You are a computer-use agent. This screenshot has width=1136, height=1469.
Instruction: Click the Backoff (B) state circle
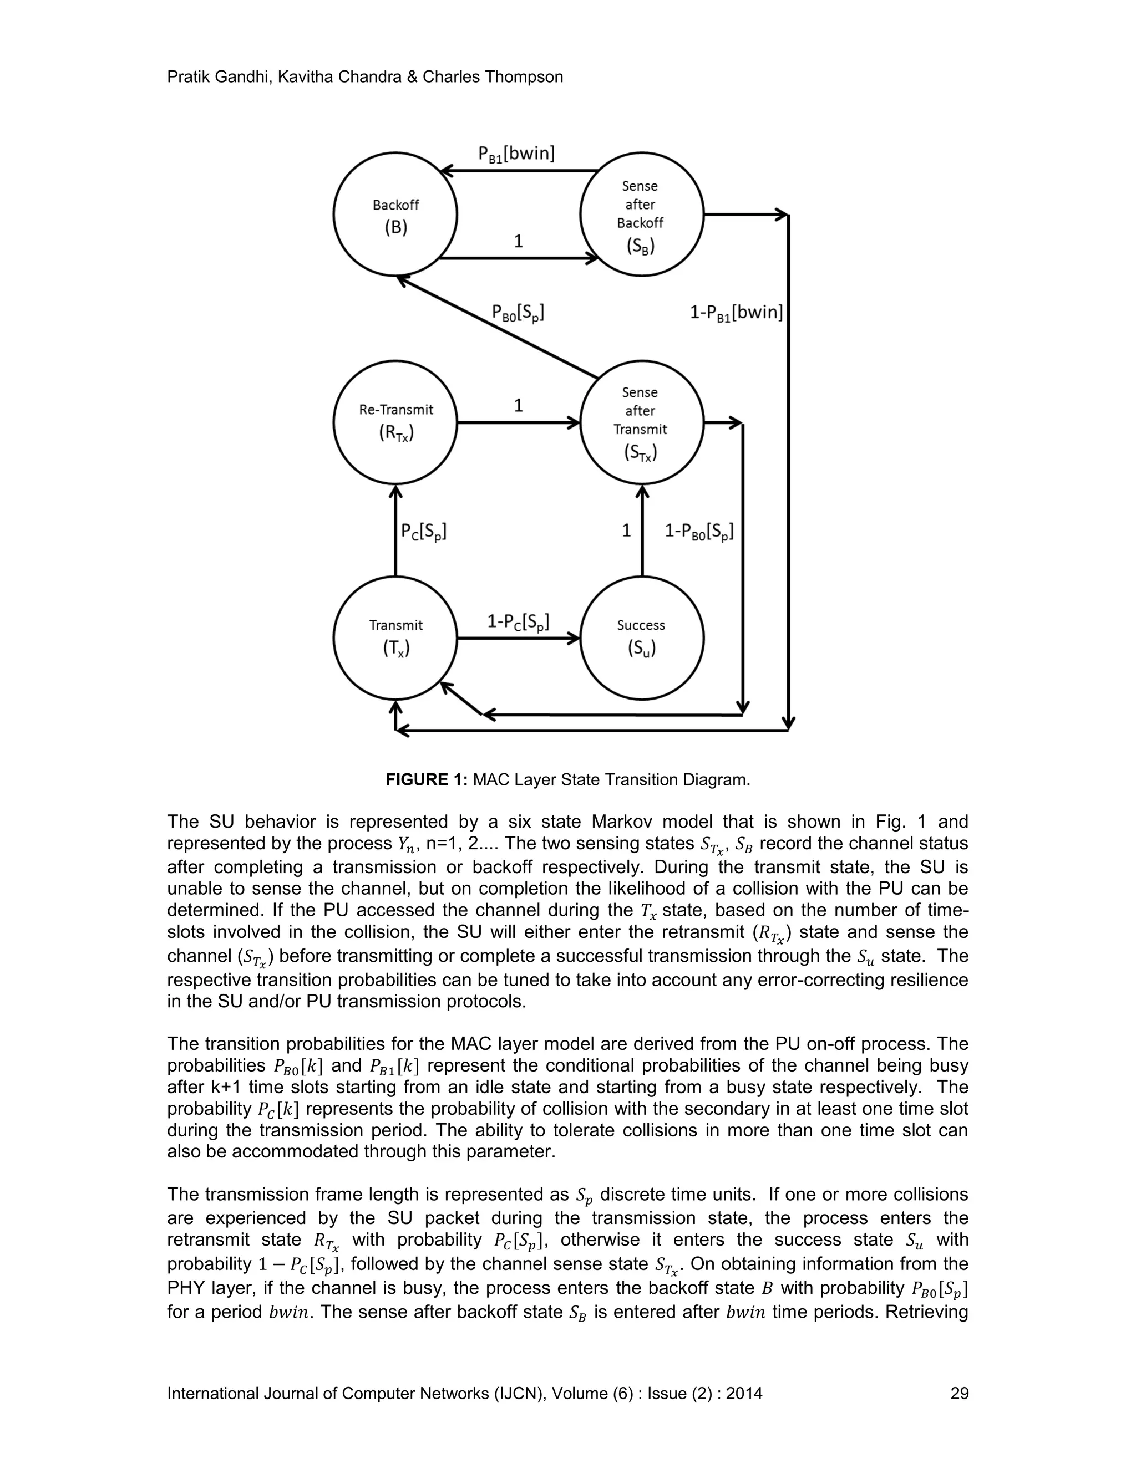point(395,214)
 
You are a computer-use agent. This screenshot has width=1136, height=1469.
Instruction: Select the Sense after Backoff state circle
point(641,214)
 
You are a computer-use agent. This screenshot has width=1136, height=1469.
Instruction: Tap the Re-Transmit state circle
point(395,422)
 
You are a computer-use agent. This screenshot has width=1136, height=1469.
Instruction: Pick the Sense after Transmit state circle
point(641,422)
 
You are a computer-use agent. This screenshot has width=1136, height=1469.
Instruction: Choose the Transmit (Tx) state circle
point(395,637)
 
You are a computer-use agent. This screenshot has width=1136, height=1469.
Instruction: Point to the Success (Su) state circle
point(641,637)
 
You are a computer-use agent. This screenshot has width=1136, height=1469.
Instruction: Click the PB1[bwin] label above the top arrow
point(516,155)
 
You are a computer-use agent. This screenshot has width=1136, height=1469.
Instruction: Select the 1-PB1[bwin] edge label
point(736,313)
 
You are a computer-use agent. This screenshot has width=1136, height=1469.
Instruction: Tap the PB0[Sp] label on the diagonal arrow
point(518,313)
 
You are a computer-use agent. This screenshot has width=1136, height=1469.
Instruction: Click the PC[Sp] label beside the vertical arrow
point(424,532)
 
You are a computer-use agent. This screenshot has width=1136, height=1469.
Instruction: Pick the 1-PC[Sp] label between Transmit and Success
point(518,621)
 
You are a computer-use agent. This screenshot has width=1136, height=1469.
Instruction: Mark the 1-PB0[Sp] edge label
point(698,532)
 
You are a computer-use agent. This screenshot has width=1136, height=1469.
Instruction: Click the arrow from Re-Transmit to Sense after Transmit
point(518,422)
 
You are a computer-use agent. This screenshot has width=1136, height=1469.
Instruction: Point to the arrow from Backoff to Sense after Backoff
point(518,258)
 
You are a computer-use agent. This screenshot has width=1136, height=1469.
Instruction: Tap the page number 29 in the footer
point(959,1394)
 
